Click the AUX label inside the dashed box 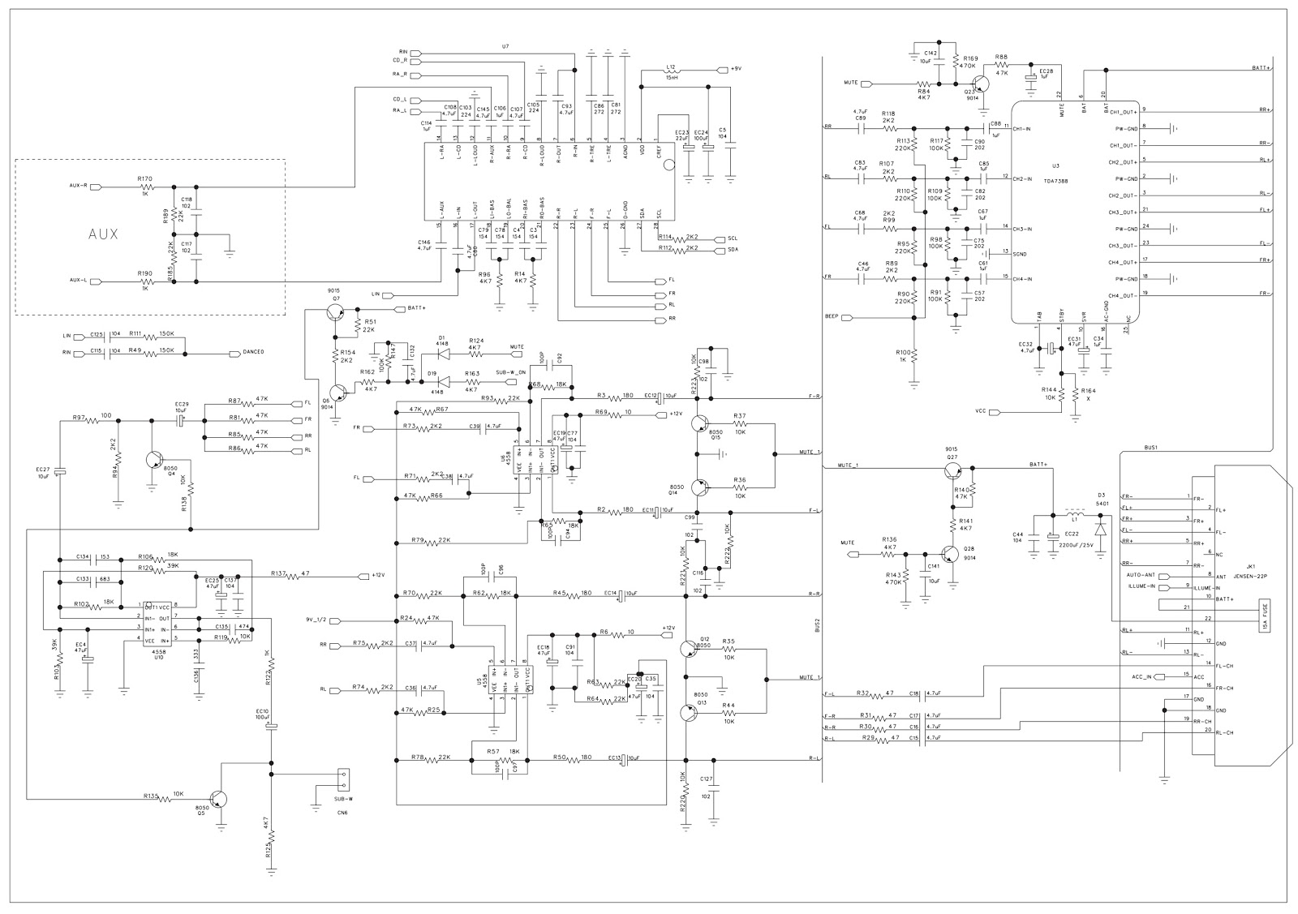coord(103,234)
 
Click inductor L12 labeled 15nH coord(671,71)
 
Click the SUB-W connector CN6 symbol coord(343,779)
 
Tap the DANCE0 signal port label coord(253,352)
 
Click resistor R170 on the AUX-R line coord(146,187)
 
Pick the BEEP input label coord(831,316)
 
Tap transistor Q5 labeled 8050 coord(218,799)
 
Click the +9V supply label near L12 coord(735,69)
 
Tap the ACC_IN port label coord(1141,676)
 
